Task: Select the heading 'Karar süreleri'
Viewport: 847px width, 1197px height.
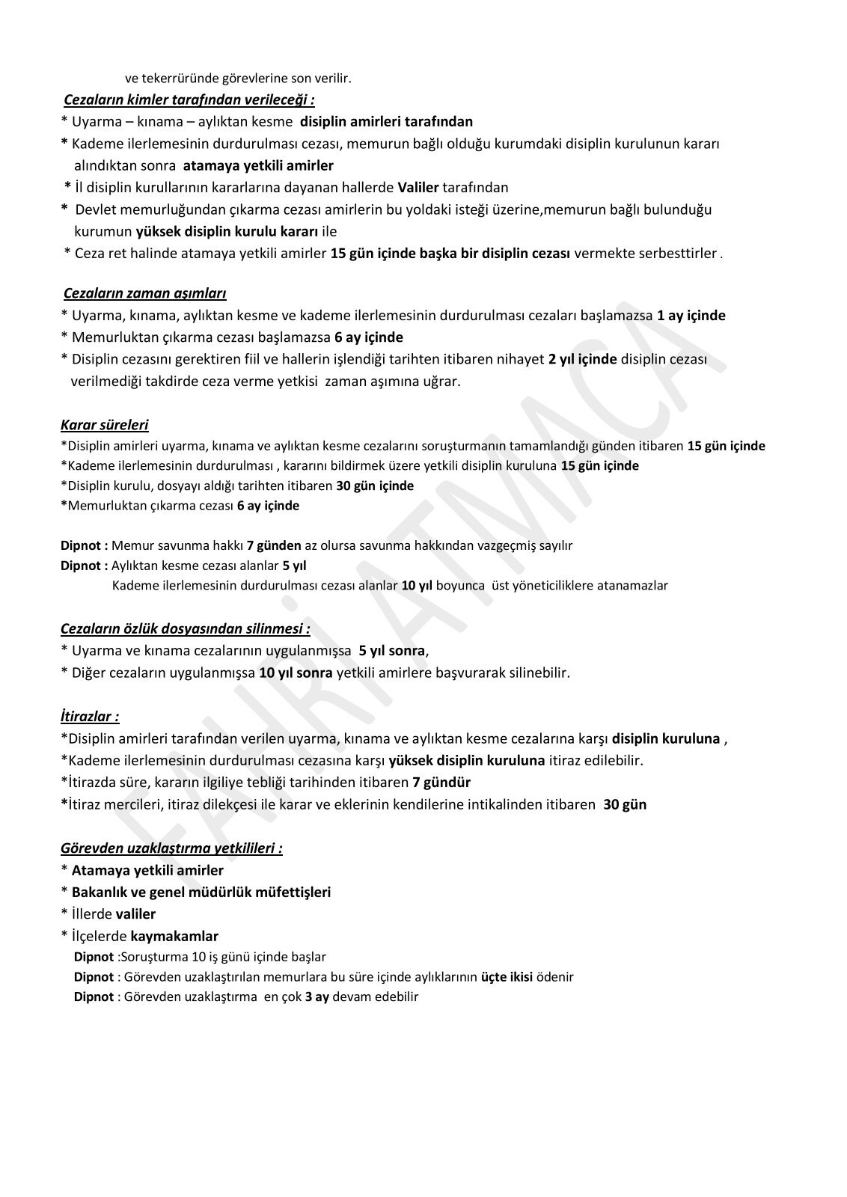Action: point(104,425)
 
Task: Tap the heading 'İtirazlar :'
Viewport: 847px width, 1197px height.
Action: point(90,716)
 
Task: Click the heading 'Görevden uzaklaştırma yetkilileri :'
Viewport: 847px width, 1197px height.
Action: point(171,848)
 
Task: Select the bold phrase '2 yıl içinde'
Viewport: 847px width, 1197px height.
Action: point(582,359)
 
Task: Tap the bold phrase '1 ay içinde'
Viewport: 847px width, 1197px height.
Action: point(691,315)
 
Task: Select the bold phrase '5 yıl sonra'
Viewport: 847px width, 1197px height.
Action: point(391,650)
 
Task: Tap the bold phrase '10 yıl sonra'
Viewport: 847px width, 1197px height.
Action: point(296,672)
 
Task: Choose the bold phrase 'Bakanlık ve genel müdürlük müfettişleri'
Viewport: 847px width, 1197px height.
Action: point(201,892)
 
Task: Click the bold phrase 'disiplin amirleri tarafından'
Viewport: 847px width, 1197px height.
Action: point(391,121)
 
